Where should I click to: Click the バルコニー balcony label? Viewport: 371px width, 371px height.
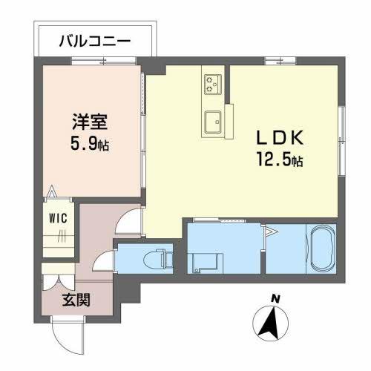point(94,42)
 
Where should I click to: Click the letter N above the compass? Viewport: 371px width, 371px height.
point(275,298)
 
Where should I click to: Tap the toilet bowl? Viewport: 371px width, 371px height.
point(158,260)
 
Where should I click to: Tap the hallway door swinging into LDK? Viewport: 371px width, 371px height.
point(131,219)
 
